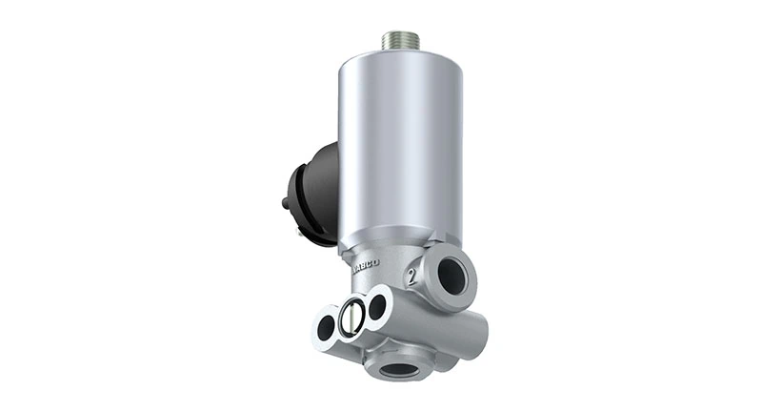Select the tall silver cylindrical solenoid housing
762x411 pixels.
tap(399, 143)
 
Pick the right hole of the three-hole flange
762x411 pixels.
tap(377, 306)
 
